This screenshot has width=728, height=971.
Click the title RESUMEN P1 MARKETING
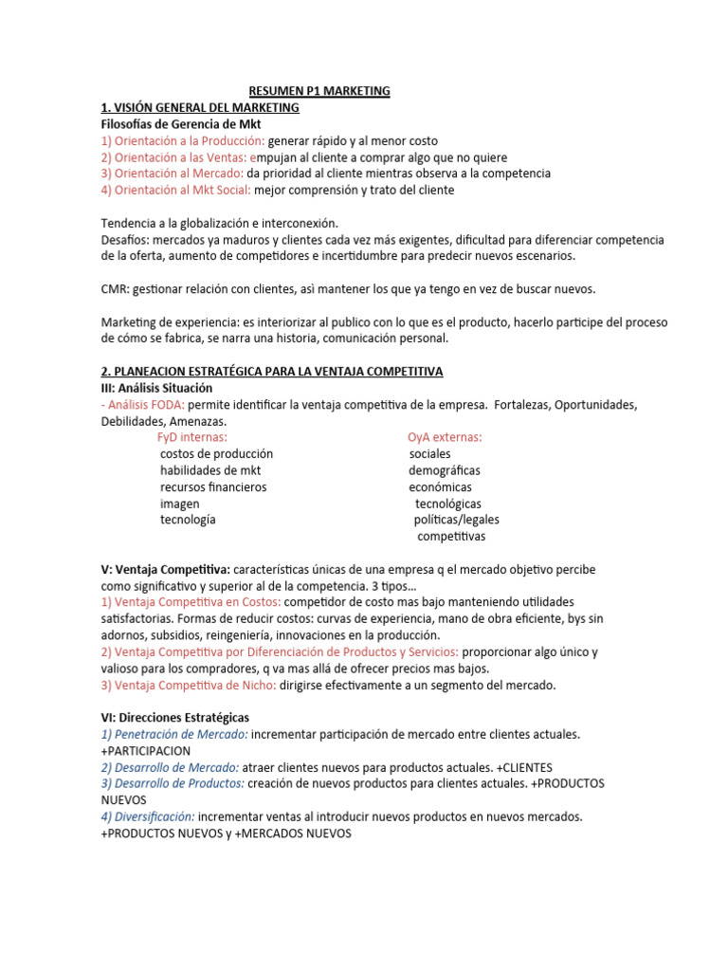tap(319, 91)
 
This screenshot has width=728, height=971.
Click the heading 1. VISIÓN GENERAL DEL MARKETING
tap(200, 107)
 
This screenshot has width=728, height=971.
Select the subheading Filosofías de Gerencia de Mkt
tap(181, 124)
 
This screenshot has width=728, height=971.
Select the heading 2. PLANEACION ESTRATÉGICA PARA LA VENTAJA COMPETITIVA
tap(272, 371)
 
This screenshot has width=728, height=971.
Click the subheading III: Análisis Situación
tap(156, 388)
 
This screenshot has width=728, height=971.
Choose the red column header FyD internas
tap(191, 437)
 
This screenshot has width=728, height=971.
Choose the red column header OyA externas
tap(445, 437)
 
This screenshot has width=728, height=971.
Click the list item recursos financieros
tap(213, 487)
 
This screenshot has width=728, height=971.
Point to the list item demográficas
tap(445, 470)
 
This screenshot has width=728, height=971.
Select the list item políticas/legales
tap(456, 520)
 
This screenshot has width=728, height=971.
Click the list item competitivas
tap(451, 537)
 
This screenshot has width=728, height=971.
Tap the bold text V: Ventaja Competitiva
tap(165, 570)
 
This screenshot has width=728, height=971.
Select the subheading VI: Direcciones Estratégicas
tap(175, 718)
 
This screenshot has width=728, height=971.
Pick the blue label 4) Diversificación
tap(148, 816)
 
